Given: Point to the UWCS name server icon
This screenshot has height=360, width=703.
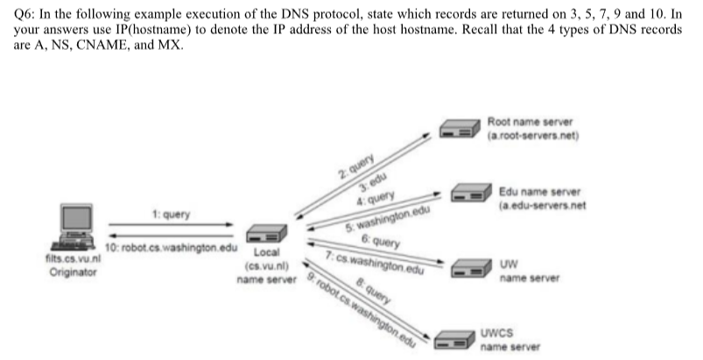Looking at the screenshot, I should click(x=454, y=337).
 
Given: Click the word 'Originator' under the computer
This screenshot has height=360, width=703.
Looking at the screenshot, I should click(x=74, y=272).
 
